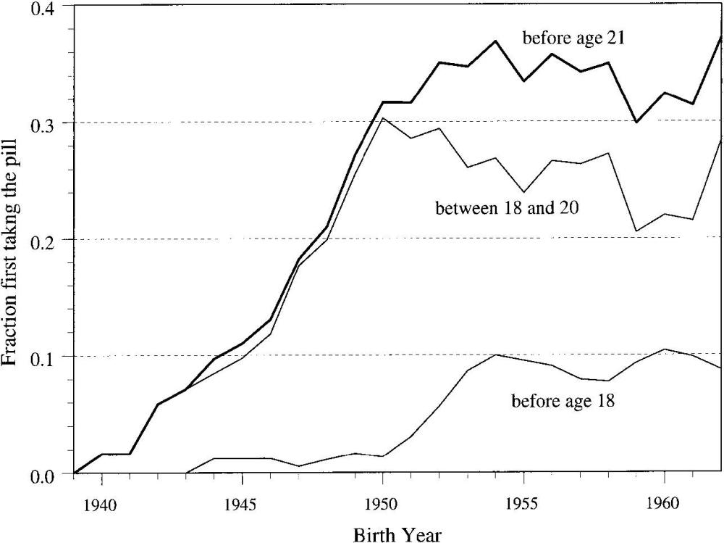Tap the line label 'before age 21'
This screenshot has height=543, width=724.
pyautogui.click(x=574, y=38)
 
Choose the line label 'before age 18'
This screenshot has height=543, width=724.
pyautogui.click(x=563, y=399)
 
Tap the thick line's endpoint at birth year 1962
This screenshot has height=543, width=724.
pyautogui.click(x=721, y=36)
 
